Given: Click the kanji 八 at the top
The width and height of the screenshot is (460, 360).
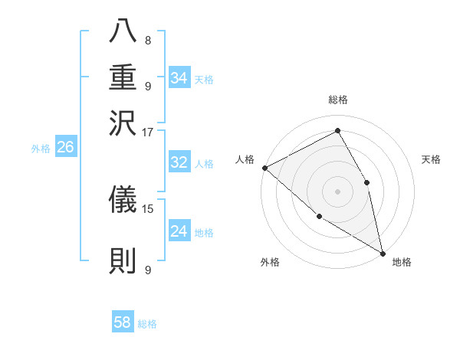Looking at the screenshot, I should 123,33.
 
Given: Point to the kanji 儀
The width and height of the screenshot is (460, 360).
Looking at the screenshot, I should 123,199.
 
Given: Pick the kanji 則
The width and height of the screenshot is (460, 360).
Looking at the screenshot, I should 123,261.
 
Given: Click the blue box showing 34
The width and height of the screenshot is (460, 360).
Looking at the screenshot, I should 179,77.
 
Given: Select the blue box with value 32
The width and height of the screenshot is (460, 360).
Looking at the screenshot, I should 179,162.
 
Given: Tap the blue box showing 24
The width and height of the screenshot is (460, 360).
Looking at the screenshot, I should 179,231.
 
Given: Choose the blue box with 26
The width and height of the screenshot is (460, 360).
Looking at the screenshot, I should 65,147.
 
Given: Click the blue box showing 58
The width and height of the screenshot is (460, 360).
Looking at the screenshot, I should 123,322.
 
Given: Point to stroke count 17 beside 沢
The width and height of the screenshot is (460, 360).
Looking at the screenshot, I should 148,132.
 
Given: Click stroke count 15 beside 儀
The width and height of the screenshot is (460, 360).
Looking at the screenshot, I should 148,208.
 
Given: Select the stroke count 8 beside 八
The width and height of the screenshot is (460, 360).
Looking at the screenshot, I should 148,41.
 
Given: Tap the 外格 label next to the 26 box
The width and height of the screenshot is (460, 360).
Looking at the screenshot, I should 41,149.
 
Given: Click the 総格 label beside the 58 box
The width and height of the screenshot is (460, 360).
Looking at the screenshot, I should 147,324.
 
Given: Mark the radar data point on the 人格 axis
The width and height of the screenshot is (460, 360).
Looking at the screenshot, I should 264,168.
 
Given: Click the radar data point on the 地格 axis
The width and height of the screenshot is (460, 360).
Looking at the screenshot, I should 382,252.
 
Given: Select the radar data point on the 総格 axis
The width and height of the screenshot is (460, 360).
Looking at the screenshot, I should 338,131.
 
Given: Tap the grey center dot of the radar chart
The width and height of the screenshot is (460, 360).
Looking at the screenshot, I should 338,191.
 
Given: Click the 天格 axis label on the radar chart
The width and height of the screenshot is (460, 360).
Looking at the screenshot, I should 431,159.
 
